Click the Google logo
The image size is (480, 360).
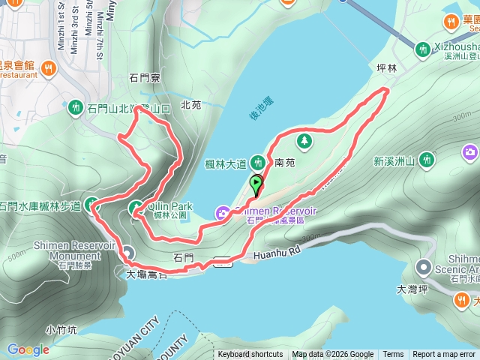pos(28,349)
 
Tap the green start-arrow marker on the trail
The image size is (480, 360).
pos(256,183)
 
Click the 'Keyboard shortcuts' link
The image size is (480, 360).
pos(250,355)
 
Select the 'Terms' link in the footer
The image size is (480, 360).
pos(393,355)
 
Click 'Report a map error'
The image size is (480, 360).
pos(445,355)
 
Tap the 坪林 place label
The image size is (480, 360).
pos(386,67)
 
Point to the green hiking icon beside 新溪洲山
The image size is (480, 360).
pos(426,159)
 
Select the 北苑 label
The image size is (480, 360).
pos(191,106)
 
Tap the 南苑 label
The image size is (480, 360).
pos(285,161)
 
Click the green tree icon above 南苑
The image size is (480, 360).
pos(304,141)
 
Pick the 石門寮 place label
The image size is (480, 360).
pos(145,77)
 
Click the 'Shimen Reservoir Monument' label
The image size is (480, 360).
pos(73,250)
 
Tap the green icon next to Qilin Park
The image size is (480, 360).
pos(136,208)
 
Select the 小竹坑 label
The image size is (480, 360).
pos(61,328)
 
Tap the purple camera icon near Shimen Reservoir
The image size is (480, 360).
pos(223,214)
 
